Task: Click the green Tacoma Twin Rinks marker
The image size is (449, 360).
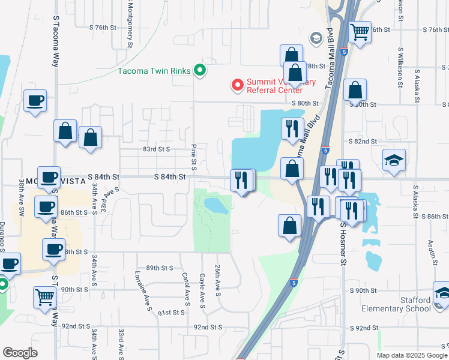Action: pyautogui.click(x=201, y=71)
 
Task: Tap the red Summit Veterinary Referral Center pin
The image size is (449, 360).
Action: pyautogui.click(x=237, y=86)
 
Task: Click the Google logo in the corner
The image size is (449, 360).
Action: pyautogui.click(x=20, y=353)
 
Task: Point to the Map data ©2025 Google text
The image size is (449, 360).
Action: pyautogui.click(x=412, y=355)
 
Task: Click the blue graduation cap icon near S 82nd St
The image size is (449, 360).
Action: pyautogui.click(x=394, y=160)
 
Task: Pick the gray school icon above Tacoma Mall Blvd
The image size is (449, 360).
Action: pyautogui.click(x=315, y=38)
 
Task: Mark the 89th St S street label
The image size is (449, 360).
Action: pyautogui.click(x=159, y=268)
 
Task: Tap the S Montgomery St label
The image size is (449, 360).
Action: pyautogui.click(x=130, y=24)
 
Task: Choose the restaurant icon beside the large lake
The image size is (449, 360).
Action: pyautogui.click(x=291, y=130)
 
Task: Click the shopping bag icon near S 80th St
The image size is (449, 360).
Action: pyautogui.click(x=355, y=91)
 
